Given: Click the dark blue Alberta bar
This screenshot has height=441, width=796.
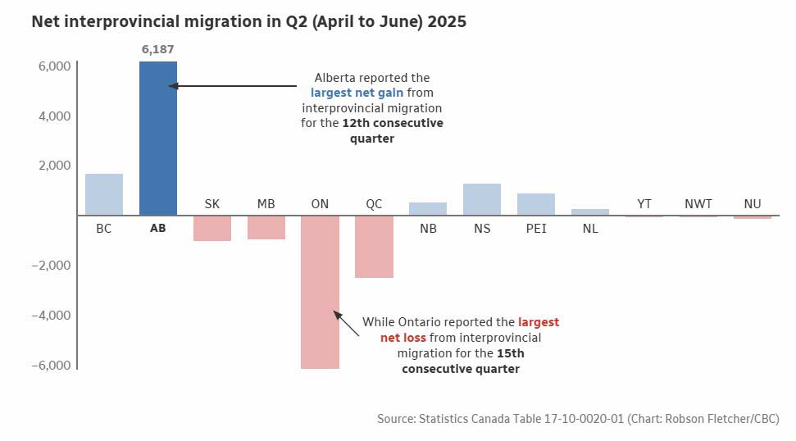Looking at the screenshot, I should [x=157, y=138].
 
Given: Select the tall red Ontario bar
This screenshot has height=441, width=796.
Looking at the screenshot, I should [x=320, y=292].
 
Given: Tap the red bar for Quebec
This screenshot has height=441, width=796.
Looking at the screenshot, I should [x=374, y=247].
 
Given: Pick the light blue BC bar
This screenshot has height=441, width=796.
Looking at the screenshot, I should [x=103, y=194].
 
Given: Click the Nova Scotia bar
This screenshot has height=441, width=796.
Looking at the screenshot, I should [x=482, y=199].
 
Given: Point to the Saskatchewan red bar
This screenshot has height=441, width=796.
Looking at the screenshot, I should [x=212, y=228].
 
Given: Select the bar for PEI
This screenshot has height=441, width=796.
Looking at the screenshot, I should [x=536, y=204].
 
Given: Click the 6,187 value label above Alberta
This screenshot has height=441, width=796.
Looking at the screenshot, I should [x=157, y=50].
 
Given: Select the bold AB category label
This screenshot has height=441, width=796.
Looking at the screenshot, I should [x=157, y=229].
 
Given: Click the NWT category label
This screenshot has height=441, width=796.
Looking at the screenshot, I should [x=698, y=204].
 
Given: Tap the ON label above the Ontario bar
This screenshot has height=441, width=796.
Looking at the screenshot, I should [x=320, y=204].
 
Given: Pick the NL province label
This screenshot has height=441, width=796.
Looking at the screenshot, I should [x=590, y=229].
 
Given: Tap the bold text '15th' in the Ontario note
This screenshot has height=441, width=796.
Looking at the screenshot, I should [x=510, y=353].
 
